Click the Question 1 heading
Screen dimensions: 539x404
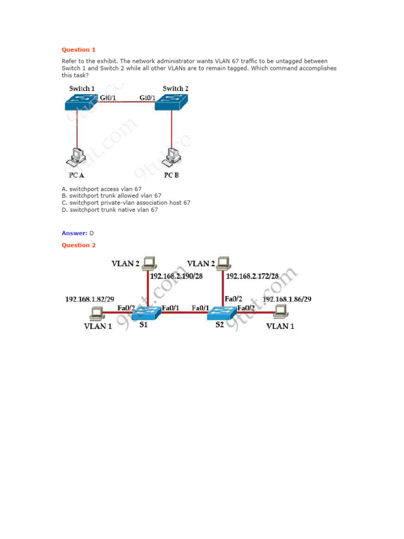coord(79,50)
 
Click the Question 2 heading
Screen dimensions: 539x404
coord(79,245)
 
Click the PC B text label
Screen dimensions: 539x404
coord(171,175)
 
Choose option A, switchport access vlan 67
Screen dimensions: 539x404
coord(102,188)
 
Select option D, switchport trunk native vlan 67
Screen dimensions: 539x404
coord(109,209)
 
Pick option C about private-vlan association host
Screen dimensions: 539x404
coord(126,203)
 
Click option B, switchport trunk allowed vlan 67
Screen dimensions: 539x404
coord(111,195)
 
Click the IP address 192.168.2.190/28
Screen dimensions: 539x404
coord(177,275)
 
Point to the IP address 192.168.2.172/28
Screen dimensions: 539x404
coord(252,275)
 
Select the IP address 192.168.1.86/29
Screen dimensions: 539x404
coord(287,299)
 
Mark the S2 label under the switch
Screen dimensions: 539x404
coord(219,325)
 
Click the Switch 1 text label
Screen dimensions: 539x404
coord(82,88)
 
